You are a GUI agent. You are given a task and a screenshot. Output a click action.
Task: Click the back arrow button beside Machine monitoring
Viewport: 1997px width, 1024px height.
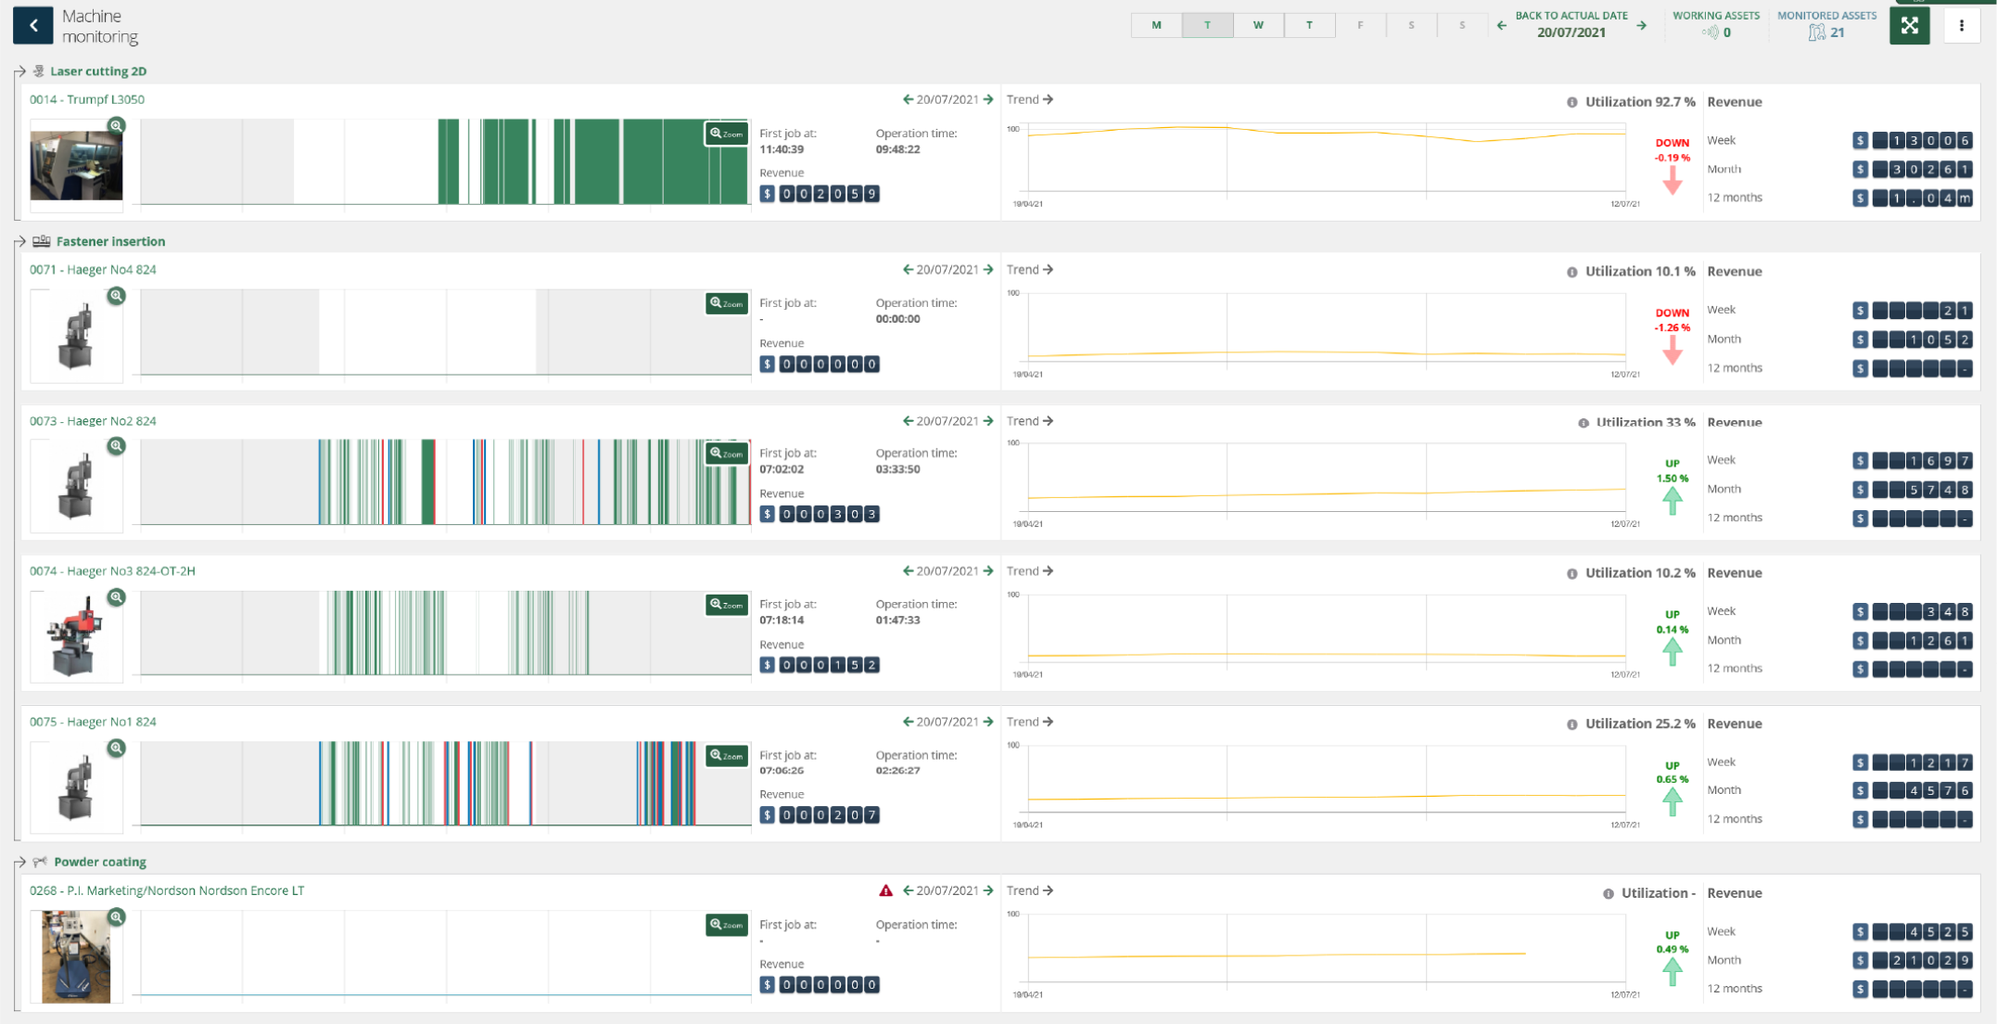click(x=33, y=25)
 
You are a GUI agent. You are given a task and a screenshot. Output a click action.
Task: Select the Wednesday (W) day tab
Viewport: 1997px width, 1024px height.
click(x=1258, y=25)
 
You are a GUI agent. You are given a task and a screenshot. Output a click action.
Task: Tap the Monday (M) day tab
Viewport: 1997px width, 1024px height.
click(x=1156, y=25)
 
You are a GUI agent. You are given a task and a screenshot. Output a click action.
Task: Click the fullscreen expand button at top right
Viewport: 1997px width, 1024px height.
click(x=1909, y=26)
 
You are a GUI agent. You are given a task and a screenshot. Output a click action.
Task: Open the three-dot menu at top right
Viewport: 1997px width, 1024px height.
click(x=1961, y=26)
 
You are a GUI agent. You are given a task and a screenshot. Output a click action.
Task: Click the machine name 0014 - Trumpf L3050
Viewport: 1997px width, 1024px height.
click(x=87, y=99)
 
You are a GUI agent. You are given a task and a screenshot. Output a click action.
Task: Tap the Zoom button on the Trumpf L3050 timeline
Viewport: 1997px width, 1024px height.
click(x=726, y=134)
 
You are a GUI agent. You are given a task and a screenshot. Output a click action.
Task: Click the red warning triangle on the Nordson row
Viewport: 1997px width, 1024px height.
click(x=885, y=890)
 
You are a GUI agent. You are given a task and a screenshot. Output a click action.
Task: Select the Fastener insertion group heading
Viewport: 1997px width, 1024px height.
click(x=110, y=241)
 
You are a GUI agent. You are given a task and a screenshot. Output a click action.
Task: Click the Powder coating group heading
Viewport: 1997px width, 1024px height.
click(x=100, y=862)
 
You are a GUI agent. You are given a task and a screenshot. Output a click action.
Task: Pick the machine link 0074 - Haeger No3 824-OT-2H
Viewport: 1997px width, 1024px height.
click(x=112, y=570)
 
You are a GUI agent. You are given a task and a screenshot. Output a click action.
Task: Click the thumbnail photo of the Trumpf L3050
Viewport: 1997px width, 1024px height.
click(x=76, y=165)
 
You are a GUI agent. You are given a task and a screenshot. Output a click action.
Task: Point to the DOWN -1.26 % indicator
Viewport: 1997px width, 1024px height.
click(x=1672, y=334)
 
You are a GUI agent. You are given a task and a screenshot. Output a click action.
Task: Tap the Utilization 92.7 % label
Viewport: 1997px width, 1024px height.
click(x=1639, y=102)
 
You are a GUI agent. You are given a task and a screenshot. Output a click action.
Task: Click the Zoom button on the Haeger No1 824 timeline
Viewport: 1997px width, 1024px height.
click(x=726, y=756)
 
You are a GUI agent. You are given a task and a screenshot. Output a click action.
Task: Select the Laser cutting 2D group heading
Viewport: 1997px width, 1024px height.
click(x=98, y=71)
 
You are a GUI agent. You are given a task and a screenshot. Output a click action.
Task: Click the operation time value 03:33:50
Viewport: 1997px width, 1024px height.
click(x=897, y=469)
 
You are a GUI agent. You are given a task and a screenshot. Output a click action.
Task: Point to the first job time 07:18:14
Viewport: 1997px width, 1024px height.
click(x=782, y=620)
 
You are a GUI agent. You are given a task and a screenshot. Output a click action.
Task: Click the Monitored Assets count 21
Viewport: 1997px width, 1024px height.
click(x=1837, y=32)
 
